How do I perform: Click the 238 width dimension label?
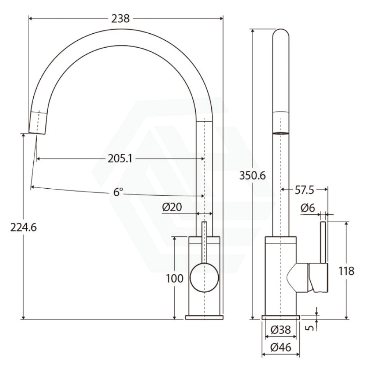point(120,18)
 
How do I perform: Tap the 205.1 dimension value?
point(120,159)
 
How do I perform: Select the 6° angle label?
point(118,192)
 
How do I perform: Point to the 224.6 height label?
point(23,227)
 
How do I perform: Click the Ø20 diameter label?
point(172,207)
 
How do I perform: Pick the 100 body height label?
point(175,278)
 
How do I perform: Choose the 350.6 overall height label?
point(252,175)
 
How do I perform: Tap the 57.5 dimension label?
point(304,190)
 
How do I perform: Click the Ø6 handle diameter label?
point(308,208)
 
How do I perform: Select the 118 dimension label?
point(347,271)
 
